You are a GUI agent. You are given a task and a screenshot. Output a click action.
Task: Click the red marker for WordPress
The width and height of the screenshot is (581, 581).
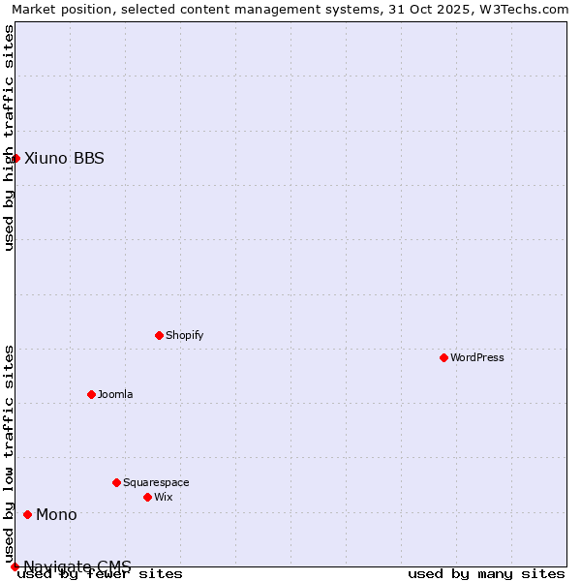click(443, 357)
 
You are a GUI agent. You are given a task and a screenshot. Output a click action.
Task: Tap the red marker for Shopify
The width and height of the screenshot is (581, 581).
click(159, 335)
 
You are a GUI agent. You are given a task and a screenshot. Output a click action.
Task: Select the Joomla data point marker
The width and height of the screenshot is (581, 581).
click(91, 394)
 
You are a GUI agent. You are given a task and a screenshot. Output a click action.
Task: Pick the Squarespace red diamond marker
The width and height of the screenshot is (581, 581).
click(116, 482)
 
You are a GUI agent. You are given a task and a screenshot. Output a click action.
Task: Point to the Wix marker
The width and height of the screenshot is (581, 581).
click(147, 497)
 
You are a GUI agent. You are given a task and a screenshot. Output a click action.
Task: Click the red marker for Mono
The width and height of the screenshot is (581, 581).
click(27, 514)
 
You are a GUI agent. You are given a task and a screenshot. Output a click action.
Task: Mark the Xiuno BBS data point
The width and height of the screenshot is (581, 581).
click(15, 158)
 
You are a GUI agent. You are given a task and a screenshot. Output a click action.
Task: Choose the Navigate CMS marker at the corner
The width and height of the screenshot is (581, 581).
click(15, 566)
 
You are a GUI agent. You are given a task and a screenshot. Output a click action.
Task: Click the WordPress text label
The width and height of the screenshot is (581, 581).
click(477, 357)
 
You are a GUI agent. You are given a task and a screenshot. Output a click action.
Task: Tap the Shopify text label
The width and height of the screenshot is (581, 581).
click(185, 335)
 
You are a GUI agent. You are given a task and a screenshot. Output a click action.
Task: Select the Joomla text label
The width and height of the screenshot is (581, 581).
click(115, 394)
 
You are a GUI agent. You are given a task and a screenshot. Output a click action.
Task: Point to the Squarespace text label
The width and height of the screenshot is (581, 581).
click(156, 482)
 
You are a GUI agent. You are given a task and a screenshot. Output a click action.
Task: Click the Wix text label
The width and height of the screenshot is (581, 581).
click(164, 497)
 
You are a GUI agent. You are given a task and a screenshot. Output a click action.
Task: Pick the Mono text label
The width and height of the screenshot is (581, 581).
click(56, 514)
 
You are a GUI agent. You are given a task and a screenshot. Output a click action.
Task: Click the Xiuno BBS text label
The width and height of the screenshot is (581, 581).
click(64, 158)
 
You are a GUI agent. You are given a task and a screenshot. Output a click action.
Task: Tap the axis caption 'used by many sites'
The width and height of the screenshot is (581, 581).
click(486, 574)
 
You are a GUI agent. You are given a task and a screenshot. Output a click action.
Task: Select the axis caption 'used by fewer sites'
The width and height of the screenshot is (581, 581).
click(100, 574)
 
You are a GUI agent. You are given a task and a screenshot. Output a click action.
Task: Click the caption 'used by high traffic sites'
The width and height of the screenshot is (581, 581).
click(10, 138)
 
